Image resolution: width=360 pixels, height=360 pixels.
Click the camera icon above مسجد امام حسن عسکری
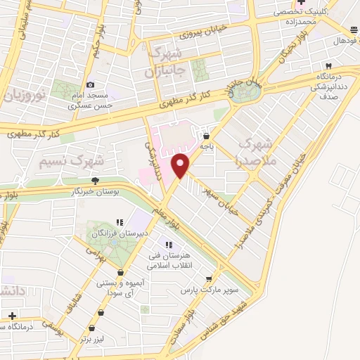90,85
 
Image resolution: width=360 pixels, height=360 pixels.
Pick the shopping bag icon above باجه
206,136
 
